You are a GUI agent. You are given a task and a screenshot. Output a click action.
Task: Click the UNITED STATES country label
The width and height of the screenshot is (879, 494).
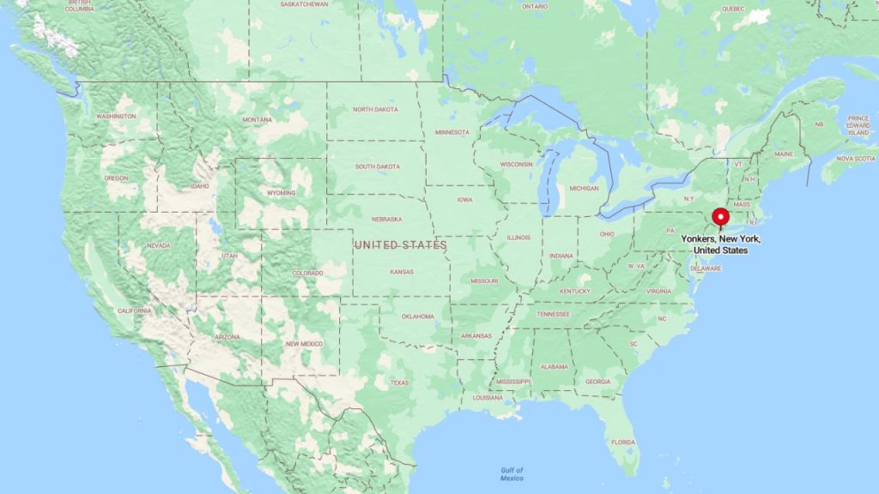[402, 245]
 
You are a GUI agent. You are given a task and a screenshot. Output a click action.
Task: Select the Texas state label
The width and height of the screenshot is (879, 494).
[399, 383]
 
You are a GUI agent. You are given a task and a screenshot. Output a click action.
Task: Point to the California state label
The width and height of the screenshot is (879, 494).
[135, 310]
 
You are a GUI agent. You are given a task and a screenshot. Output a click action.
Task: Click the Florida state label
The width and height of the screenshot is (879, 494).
[623, 443]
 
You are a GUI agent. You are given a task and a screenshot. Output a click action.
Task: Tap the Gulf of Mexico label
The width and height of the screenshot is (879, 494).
[512, 473]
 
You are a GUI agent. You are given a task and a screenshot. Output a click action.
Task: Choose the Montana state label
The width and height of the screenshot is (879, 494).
[257, 119]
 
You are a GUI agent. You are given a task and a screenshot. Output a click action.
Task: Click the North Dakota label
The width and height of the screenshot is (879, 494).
[375, 110]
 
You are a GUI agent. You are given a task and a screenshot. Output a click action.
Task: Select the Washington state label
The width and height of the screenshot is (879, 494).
[116, 116]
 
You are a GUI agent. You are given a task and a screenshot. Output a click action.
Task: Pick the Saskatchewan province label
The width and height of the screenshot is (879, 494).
[304, 4]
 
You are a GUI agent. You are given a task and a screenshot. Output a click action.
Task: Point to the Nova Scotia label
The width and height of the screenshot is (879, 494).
[856, 158]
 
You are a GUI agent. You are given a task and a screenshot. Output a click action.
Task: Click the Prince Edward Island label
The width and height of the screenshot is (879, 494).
[858, 126]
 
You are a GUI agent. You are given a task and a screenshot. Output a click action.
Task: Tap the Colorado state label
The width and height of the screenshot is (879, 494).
[307, 274]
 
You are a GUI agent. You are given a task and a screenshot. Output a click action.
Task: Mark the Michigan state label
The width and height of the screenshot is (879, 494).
[584, 188]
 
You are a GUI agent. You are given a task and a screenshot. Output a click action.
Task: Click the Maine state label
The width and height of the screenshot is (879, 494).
[784, 154]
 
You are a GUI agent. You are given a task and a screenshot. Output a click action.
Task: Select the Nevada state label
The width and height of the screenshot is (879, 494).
[159, 245]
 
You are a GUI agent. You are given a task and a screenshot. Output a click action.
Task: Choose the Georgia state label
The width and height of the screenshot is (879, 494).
[597, 382]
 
